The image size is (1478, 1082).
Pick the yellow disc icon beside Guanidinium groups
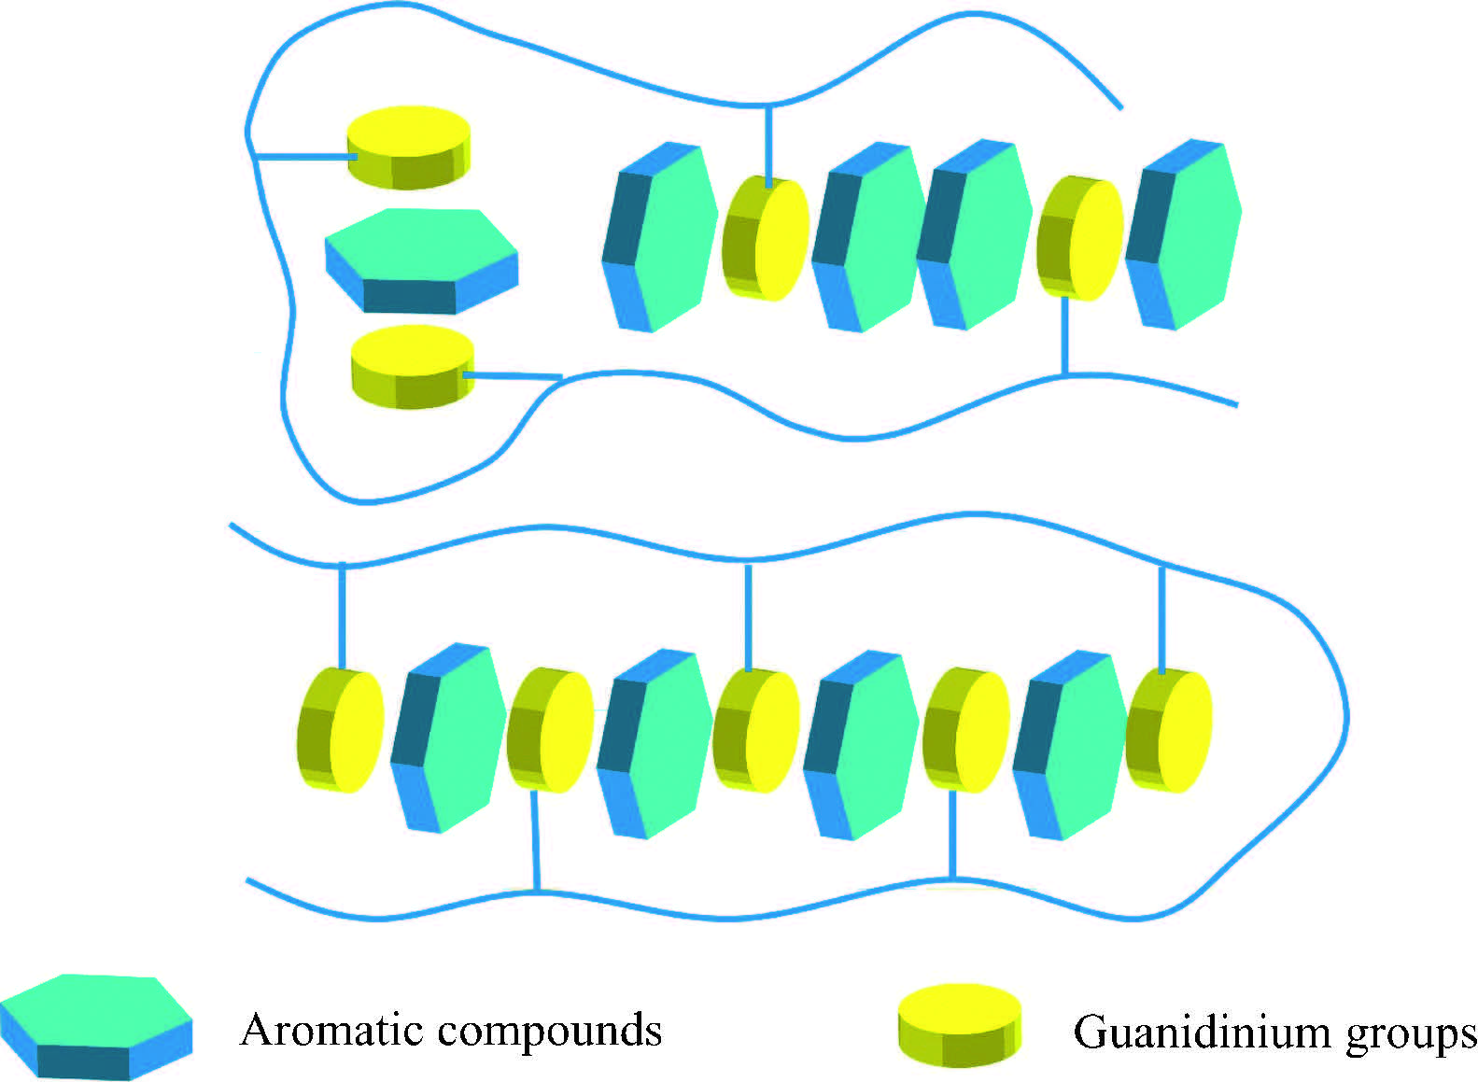pyautogui.click(x=960, y=1024)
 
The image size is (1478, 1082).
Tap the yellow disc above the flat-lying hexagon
pyautogui.click(x=409, y=146)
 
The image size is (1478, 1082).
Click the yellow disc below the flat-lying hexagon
pyautogui.click(x=413, y=366)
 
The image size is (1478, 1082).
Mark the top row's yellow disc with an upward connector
pyautogui.click(x=766, y=237)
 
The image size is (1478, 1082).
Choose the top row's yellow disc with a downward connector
pyautogui.click(x=1079, y=237)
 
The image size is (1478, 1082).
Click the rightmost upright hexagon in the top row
pyautogui.click(x=1184, y=234)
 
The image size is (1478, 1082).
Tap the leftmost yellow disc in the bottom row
pyautogui.click(x=341, y=730)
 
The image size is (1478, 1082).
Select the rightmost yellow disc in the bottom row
pyautogui.click(x=1169, y=730)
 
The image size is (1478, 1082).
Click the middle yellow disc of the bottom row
pyautogui.click(x=756, y=730)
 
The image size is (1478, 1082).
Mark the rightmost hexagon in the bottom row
pyautogui.click(x=1070, y=744)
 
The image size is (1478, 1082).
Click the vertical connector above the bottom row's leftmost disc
pyautogui.click(x=342, y=615)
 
